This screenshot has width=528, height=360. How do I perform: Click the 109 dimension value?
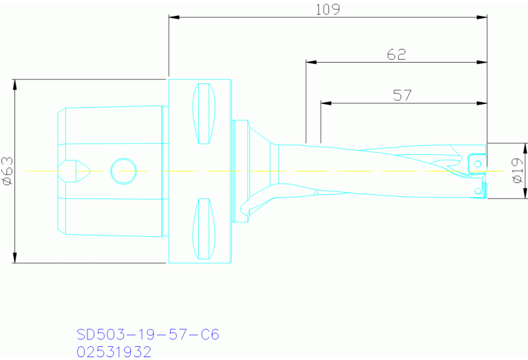[x=328, y=9]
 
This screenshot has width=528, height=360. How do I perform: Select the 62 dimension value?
[x=396, y=54]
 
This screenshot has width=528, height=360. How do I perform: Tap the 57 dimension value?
[x=402, y=95]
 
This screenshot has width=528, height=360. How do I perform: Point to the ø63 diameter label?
[x=8, y=171]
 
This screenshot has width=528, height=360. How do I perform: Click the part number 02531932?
[x=113, y=352]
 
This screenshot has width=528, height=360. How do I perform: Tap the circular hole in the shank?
[x=123, y=170]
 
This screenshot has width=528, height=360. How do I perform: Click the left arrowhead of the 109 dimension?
[x=173, y=18]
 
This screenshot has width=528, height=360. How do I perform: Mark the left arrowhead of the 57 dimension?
[x=326, y=104]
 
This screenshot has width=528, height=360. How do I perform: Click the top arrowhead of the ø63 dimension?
[x=14, y=83]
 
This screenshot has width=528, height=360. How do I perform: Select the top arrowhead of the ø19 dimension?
[x=508, y=147]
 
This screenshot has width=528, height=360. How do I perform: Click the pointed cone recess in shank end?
[x=74, y=170]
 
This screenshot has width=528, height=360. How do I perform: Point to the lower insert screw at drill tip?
[x=477, y=190]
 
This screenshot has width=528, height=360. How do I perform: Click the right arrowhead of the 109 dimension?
[x=483, y=18]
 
